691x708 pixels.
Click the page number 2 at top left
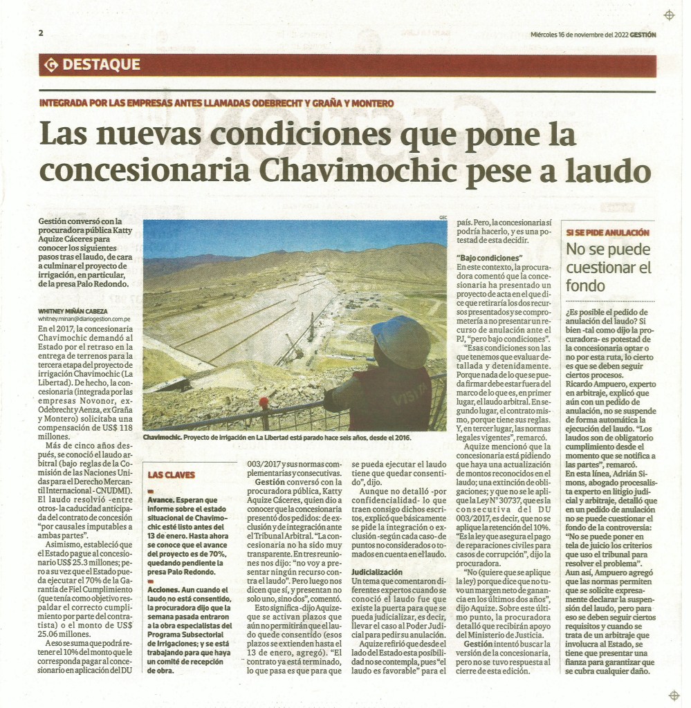click(42, 32)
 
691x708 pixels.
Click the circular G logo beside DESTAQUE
click(50, 66)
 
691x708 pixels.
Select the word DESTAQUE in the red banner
click(101, 66)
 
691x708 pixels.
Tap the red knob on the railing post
click(264, 402)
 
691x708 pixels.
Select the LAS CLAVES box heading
click(172, 475)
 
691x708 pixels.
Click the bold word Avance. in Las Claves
click(163, 499)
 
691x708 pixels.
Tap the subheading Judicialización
click(377, 572)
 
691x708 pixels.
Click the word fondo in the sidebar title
click(586, 286)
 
